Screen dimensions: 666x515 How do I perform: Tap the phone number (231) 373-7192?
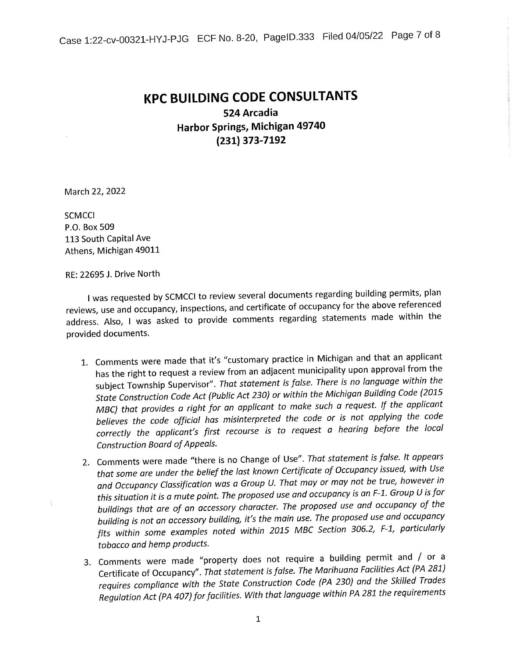[x=251, y=141]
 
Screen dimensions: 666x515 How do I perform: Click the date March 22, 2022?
[x=95, y=191]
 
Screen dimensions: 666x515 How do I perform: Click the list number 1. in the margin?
[x=85, y=362]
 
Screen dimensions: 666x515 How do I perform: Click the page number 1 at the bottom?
[x=258, y=619]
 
